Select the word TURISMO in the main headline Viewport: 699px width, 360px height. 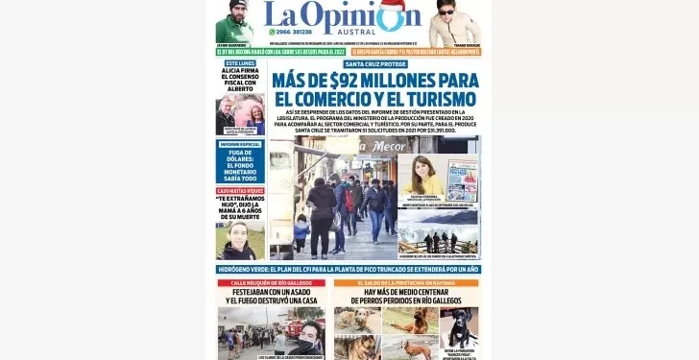click(x=430, y=99)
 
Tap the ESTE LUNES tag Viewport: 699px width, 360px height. click(x=240, y=62)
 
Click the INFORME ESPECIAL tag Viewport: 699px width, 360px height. click(x=240, y=143)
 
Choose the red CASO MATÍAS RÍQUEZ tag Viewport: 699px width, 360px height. click(x=240, y=191)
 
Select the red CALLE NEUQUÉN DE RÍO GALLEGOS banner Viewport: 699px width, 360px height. click(x=272, y=283)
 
